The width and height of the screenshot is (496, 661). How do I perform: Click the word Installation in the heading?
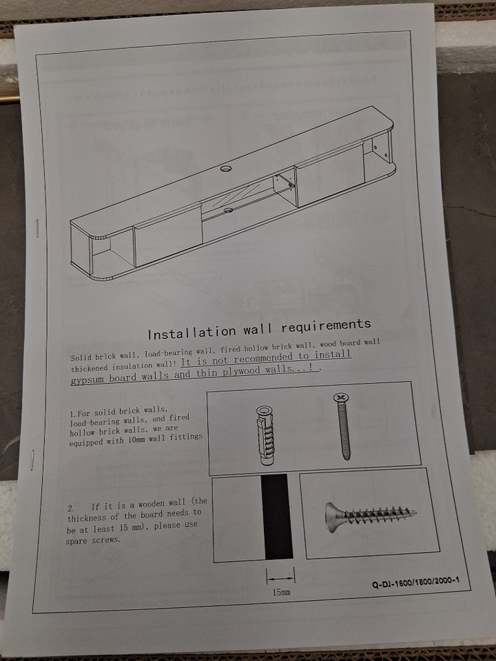(x=192, y=333)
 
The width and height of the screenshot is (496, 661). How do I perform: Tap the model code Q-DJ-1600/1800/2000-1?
(x=415, y=583)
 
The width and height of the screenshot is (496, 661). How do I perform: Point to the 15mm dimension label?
(x=281, y=592)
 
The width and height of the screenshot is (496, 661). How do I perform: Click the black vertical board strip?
(x=277, y=516)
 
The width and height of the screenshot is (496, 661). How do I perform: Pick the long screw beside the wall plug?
(x=342, y=426)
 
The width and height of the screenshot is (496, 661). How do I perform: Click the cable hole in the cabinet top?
(x=226, y=169)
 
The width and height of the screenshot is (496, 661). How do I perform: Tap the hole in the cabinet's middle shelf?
(x=229, y=209)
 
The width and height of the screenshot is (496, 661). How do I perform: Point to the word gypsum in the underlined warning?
(x=87, y=379)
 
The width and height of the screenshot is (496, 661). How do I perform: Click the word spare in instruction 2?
(x=76, y=541)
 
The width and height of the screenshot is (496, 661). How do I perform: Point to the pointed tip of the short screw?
(x=417, y=513)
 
